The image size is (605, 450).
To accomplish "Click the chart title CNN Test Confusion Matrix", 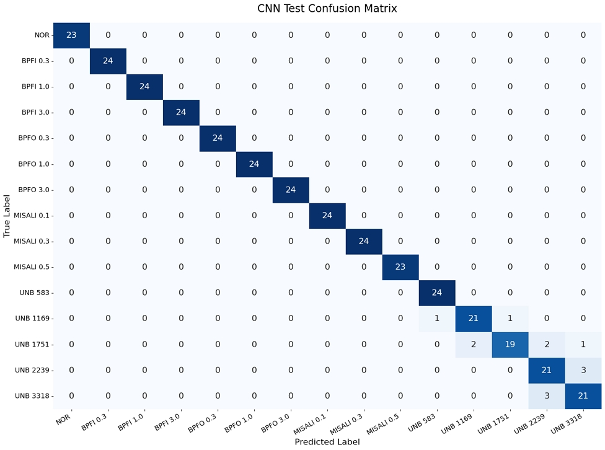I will tap(327, 9).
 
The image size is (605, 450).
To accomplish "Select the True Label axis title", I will tap(7, 215).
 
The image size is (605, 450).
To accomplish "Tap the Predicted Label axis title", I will tap(327, 442).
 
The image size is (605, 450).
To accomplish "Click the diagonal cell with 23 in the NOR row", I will tap(71, 35).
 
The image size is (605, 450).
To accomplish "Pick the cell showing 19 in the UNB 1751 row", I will tap(510, 345).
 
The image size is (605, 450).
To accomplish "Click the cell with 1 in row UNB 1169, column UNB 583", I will tap(437, 319).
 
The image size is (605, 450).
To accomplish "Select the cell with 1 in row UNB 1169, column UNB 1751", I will tap(510, 319).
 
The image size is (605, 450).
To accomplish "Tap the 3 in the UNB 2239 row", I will tap(583, 370).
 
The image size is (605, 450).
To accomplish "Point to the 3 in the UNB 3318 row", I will tap(546, 396).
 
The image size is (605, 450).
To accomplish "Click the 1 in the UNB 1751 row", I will tap(583, 345).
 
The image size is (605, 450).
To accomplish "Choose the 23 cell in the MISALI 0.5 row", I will tap(400, 267).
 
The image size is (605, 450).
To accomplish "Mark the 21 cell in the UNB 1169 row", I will tap(473, 319).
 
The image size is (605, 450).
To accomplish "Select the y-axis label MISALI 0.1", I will tap(31, 216).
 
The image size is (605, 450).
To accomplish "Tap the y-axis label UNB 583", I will tap(35, 293).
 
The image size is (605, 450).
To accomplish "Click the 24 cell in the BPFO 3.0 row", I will tap(291, 190).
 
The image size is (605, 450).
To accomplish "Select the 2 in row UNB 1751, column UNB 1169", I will tap(473, 345).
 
